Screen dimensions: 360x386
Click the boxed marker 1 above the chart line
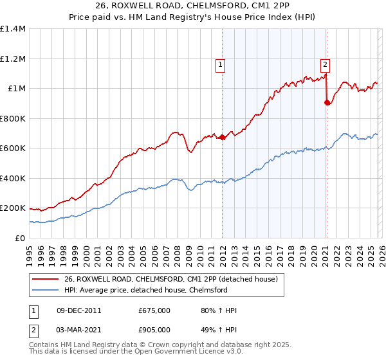click(220, 64)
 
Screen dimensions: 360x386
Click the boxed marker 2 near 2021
click(326, 64)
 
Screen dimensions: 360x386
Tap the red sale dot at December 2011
click(223, 137)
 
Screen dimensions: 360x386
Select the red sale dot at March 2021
click(327, 102)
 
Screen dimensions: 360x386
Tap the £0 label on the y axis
click(19, 238)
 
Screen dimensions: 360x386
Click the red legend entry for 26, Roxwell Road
click(170, 279)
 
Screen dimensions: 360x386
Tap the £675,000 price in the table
click(154, 310)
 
